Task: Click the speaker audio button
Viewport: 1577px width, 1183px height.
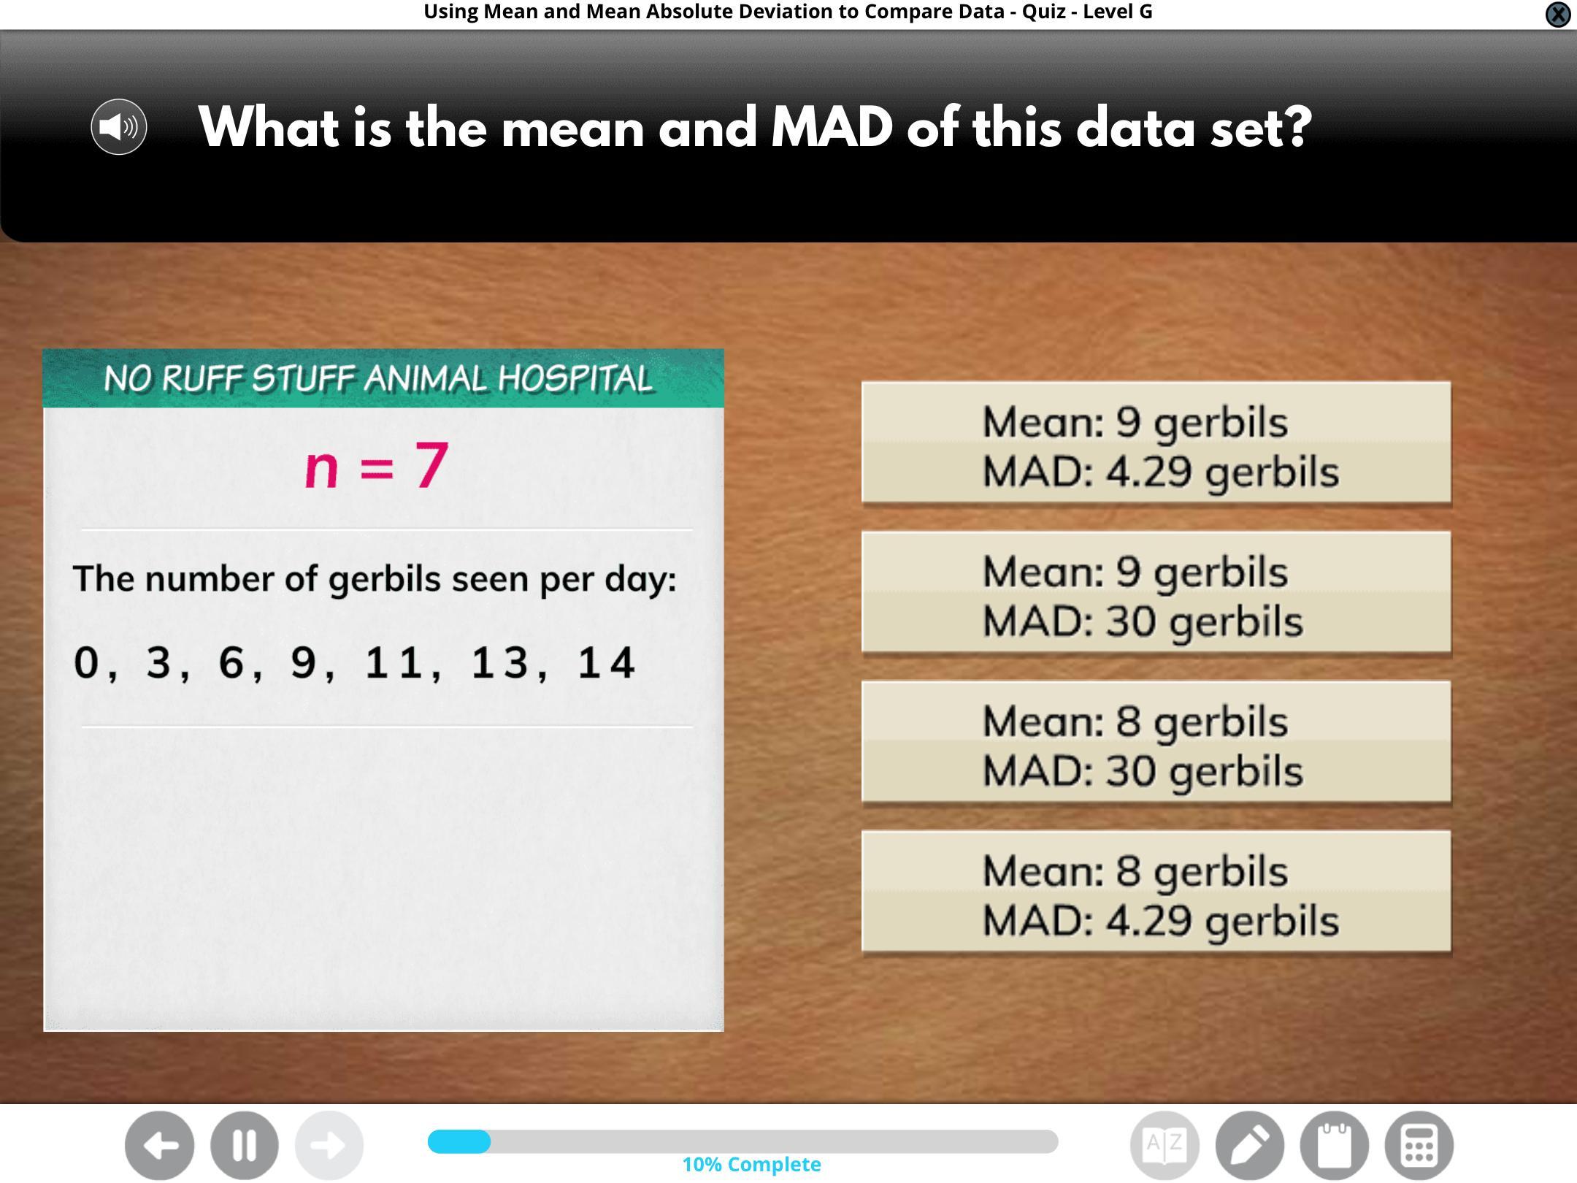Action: pos(119,127)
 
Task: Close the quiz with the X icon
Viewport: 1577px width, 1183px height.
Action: pos(1558,14)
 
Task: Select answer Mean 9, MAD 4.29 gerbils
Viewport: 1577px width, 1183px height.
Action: pos(1156,443)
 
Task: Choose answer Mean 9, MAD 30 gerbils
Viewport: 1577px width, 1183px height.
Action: pos(1156,592)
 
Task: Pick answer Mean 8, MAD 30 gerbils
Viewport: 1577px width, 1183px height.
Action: pos(1156,742)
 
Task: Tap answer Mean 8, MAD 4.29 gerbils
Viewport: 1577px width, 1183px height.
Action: pos(1156,892)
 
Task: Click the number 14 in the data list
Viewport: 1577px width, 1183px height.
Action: pos(606,662)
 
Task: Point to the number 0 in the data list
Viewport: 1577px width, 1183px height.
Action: pos(86,662)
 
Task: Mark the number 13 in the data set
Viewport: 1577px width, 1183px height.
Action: pos(499,662)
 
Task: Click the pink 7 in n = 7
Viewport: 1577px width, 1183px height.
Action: pos(431,465)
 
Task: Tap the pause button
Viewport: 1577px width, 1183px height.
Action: pos(245,1145)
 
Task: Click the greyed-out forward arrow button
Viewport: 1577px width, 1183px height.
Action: pos(329,1145)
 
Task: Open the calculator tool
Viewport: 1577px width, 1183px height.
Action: pos(1419,1145)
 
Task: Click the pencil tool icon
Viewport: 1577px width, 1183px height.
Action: pos(1249,1145)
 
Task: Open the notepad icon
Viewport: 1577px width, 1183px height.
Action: pos(1334,1145)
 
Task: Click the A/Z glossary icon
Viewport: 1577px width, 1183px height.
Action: pos(1164,1145)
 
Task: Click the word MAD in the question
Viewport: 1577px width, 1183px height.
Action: pos(832,127)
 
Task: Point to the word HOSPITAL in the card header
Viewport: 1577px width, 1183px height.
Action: pos(575,379)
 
